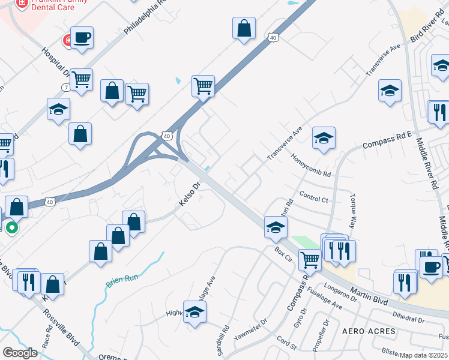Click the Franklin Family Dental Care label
click(46, 7)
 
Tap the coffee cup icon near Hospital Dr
click(82, 38)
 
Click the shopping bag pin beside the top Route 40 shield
click(244, 28)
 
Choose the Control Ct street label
click(313, 197)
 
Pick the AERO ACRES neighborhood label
click(369, 331)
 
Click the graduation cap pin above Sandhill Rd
click(194, 312)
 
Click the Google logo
click(20, 352)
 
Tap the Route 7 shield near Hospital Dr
click(64, 88)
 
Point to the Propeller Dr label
click(324, 333)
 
